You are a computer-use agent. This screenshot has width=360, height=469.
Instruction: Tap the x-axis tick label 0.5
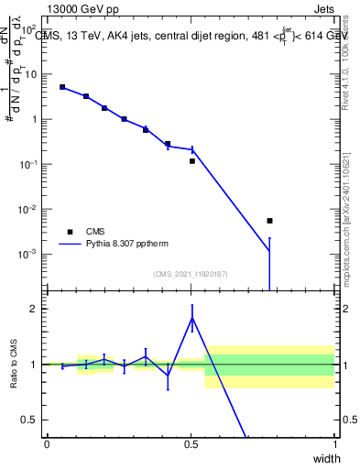191,444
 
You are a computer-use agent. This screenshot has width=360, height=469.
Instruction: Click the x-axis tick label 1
334,444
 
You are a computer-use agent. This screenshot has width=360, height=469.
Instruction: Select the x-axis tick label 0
47,444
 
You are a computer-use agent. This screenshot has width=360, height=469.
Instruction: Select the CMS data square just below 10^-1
192,161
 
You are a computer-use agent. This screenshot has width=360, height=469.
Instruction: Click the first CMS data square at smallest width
62,87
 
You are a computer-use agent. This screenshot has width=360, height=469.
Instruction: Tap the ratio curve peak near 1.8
192,318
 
